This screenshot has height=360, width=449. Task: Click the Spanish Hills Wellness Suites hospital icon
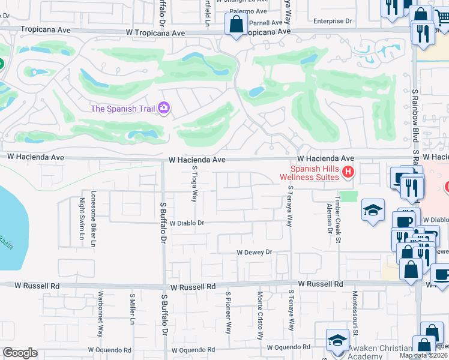[x=348, y=173]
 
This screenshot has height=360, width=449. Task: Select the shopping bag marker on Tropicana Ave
[x=236, y=25]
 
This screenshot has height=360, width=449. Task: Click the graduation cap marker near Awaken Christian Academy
[x=337, y=340]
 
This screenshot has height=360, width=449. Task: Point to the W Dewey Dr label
[x=255, y=253]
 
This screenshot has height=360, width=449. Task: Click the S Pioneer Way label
[x=228, y=313]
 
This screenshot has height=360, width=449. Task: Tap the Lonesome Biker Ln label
[x=93, y=219]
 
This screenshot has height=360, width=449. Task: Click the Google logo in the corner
[x=20, y=353]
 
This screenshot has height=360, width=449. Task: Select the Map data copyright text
[x=424, y=355]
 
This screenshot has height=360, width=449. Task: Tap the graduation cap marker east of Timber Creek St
[x=373, y=211]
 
